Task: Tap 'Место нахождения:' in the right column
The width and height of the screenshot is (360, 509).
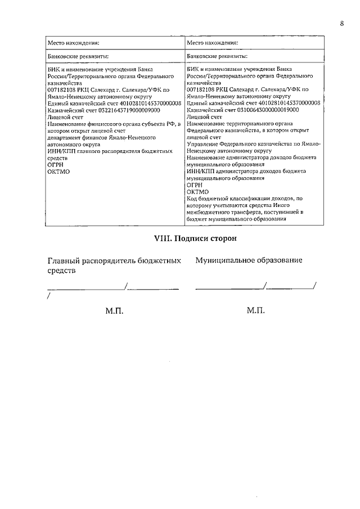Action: tap(213, 42)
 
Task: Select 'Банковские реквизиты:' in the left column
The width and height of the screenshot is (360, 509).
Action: tap(78, 56)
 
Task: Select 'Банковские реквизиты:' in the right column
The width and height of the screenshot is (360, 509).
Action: tap(217, 56)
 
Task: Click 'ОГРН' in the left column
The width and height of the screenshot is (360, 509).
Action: tap(55, 165)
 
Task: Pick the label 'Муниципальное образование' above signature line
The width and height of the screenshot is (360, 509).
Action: tap(249, 260)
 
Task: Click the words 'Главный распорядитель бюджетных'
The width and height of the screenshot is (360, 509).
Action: tap(114, 260)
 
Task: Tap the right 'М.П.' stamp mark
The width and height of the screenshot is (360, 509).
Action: tap(256, 310)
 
